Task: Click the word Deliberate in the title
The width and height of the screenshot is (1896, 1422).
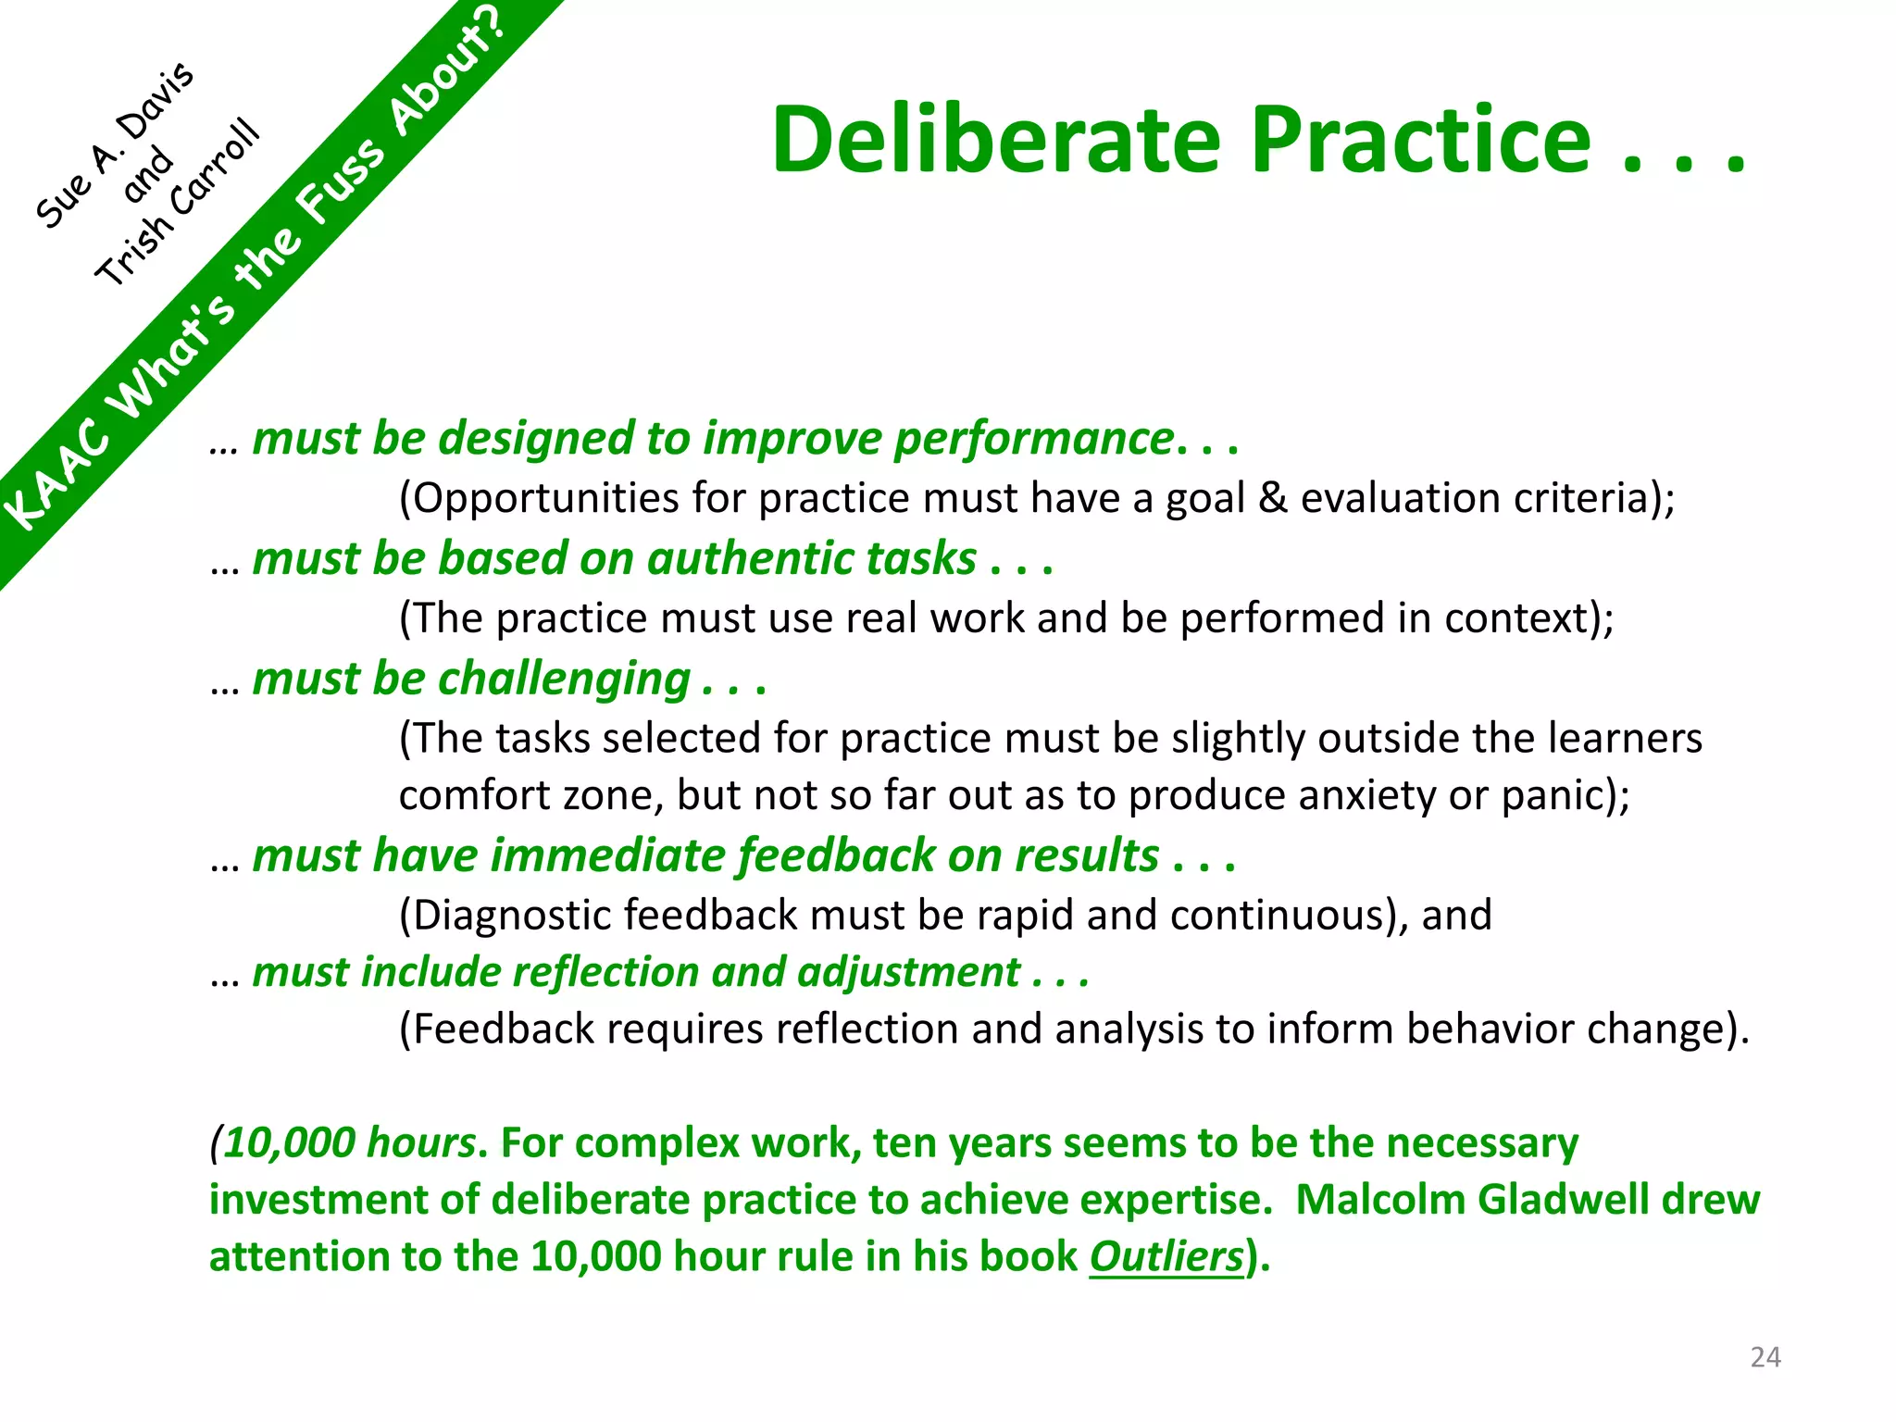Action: coord(996,140)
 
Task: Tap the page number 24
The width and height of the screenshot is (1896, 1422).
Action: coord(1765,1357)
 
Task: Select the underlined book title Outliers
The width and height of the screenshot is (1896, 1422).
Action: coord(1166,1256)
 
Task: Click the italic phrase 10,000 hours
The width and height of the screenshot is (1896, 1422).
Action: coord(349,1142)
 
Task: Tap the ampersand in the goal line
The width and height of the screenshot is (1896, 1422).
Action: coord(1273,498)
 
